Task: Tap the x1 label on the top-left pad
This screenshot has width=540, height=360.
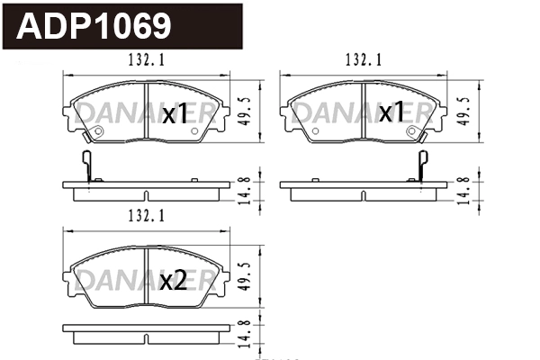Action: pos(173,114)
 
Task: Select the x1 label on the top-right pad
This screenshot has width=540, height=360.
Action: pos(391,113)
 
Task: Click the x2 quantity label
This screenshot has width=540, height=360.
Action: pos(173,282)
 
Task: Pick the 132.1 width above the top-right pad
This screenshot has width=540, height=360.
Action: pos(364,60)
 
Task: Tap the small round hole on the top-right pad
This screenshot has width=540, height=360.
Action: pos(411,130)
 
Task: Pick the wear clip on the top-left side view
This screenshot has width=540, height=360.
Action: pos(87,167)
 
